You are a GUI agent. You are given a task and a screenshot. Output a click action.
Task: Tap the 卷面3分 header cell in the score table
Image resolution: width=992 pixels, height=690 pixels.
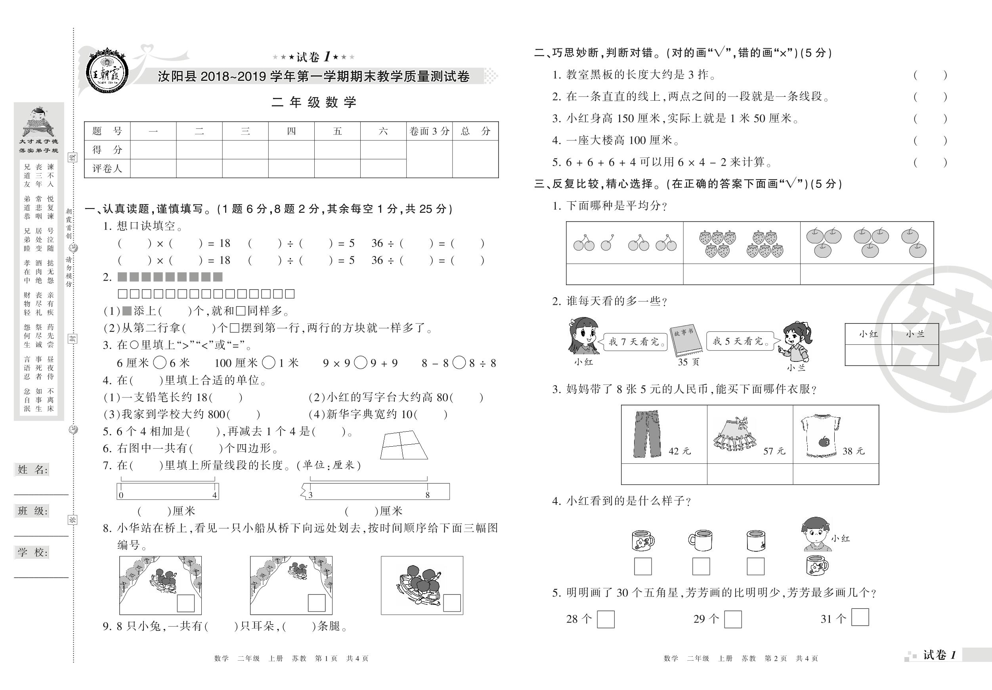[429, 131]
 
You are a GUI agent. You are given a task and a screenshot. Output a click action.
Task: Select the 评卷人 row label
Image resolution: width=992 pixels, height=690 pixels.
[107, 168]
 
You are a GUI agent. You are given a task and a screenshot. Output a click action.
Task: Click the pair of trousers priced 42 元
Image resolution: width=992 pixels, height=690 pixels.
[647, 434]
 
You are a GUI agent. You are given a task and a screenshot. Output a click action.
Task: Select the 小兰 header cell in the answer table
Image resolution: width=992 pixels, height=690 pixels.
[915, 334]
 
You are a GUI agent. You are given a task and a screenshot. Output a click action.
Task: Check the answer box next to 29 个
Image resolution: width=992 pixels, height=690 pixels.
[733, 619]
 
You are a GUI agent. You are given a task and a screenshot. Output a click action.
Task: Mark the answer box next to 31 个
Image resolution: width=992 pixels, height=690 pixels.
[860, 617]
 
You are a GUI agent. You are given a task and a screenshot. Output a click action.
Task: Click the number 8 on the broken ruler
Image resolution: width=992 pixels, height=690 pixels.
[427, 495]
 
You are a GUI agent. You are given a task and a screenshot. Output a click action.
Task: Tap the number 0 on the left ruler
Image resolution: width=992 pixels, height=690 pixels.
[121, 495]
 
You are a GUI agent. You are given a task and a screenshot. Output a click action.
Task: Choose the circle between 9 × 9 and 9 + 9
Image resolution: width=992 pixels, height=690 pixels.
[360, 363]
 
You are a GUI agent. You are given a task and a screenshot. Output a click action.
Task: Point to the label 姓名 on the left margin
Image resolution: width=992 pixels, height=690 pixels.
[32, 470]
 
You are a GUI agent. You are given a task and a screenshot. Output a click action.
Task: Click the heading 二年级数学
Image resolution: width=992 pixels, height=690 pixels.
[314, 102]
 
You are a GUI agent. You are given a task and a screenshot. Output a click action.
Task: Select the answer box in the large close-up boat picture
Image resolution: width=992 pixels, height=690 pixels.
[452, 603]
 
